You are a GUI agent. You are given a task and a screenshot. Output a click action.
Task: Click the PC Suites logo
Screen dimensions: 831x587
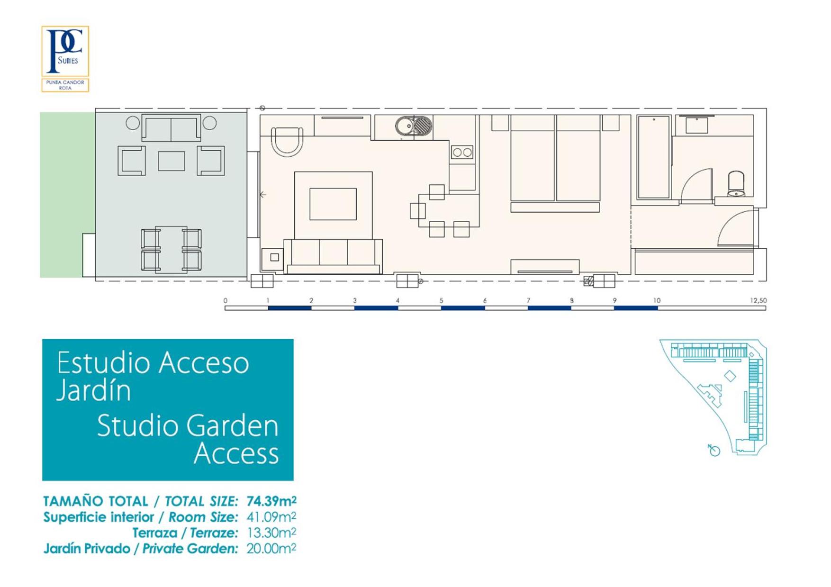[65, 59]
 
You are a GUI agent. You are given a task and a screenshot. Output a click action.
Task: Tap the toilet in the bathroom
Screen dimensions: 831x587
[736, 184]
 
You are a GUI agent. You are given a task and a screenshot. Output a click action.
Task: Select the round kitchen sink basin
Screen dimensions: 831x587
[406, 126]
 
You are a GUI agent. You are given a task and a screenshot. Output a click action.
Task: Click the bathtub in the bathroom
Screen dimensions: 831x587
[654, 157]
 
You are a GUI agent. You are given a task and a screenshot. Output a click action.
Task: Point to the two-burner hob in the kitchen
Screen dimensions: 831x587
[462, 152]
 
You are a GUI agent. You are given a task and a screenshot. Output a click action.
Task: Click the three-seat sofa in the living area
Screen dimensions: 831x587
[333, 256]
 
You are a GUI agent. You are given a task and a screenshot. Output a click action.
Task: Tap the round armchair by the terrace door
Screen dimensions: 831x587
[287, 141]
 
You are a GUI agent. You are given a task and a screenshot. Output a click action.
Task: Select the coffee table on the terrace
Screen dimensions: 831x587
[172, 161]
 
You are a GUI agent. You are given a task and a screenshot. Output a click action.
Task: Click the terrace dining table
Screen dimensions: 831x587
[171, 250]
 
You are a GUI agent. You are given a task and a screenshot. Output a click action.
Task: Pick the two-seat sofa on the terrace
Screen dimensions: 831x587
[171, 127]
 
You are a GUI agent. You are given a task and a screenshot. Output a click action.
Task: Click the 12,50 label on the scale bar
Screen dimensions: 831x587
[758, 300]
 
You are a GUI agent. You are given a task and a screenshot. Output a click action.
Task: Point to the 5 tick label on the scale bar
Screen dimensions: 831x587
[441, 300]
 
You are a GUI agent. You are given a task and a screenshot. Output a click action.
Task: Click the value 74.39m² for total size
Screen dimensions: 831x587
[271, 501]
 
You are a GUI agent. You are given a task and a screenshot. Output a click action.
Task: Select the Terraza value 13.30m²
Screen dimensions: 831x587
[271, 533]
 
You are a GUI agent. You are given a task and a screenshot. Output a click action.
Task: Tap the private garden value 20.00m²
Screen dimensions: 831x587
[271, 548]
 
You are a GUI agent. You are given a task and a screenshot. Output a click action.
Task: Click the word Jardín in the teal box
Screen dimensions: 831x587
[93, 390]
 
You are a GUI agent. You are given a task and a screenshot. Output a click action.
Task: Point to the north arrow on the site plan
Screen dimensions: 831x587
[714, 450]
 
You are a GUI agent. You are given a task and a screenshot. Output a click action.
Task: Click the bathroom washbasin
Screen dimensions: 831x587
[696, 125]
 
